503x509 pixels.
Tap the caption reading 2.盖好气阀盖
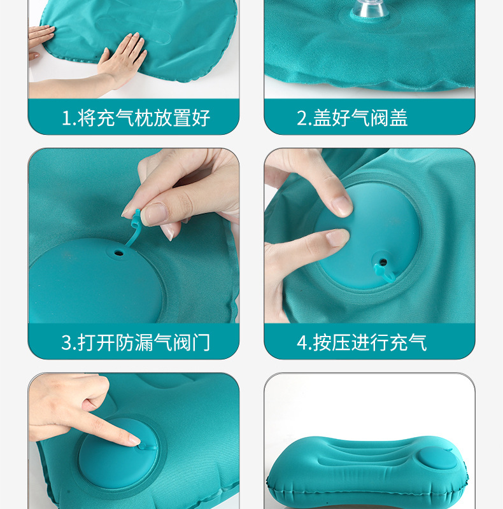click(x=352, y=118)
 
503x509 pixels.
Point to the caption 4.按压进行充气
click(x=361, y=342)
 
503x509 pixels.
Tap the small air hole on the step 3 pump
click(x=118, y=253)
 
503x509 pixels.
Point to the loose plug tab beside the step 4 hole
click(x=388, y=274)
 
